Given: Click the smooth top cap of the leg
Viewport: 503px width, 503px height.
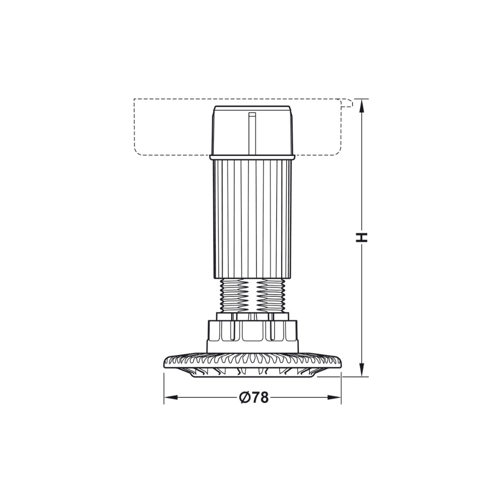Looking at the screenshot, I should point(252,131).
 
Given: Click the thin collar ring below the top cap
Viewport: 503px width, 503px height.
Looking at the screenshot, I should point(252,157).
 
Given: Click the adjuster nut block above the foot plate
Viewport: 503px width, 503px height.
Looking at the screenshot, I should point(253,334).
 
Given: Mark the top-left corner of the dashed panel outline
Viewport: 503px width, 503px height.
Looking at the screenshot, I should point(134,99).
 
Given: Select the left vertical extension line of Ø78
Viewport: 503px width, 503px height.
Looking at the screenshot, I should point(164,387).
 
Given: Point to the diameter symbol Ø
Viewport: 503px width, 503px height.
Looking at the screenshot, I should point(244,397).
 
